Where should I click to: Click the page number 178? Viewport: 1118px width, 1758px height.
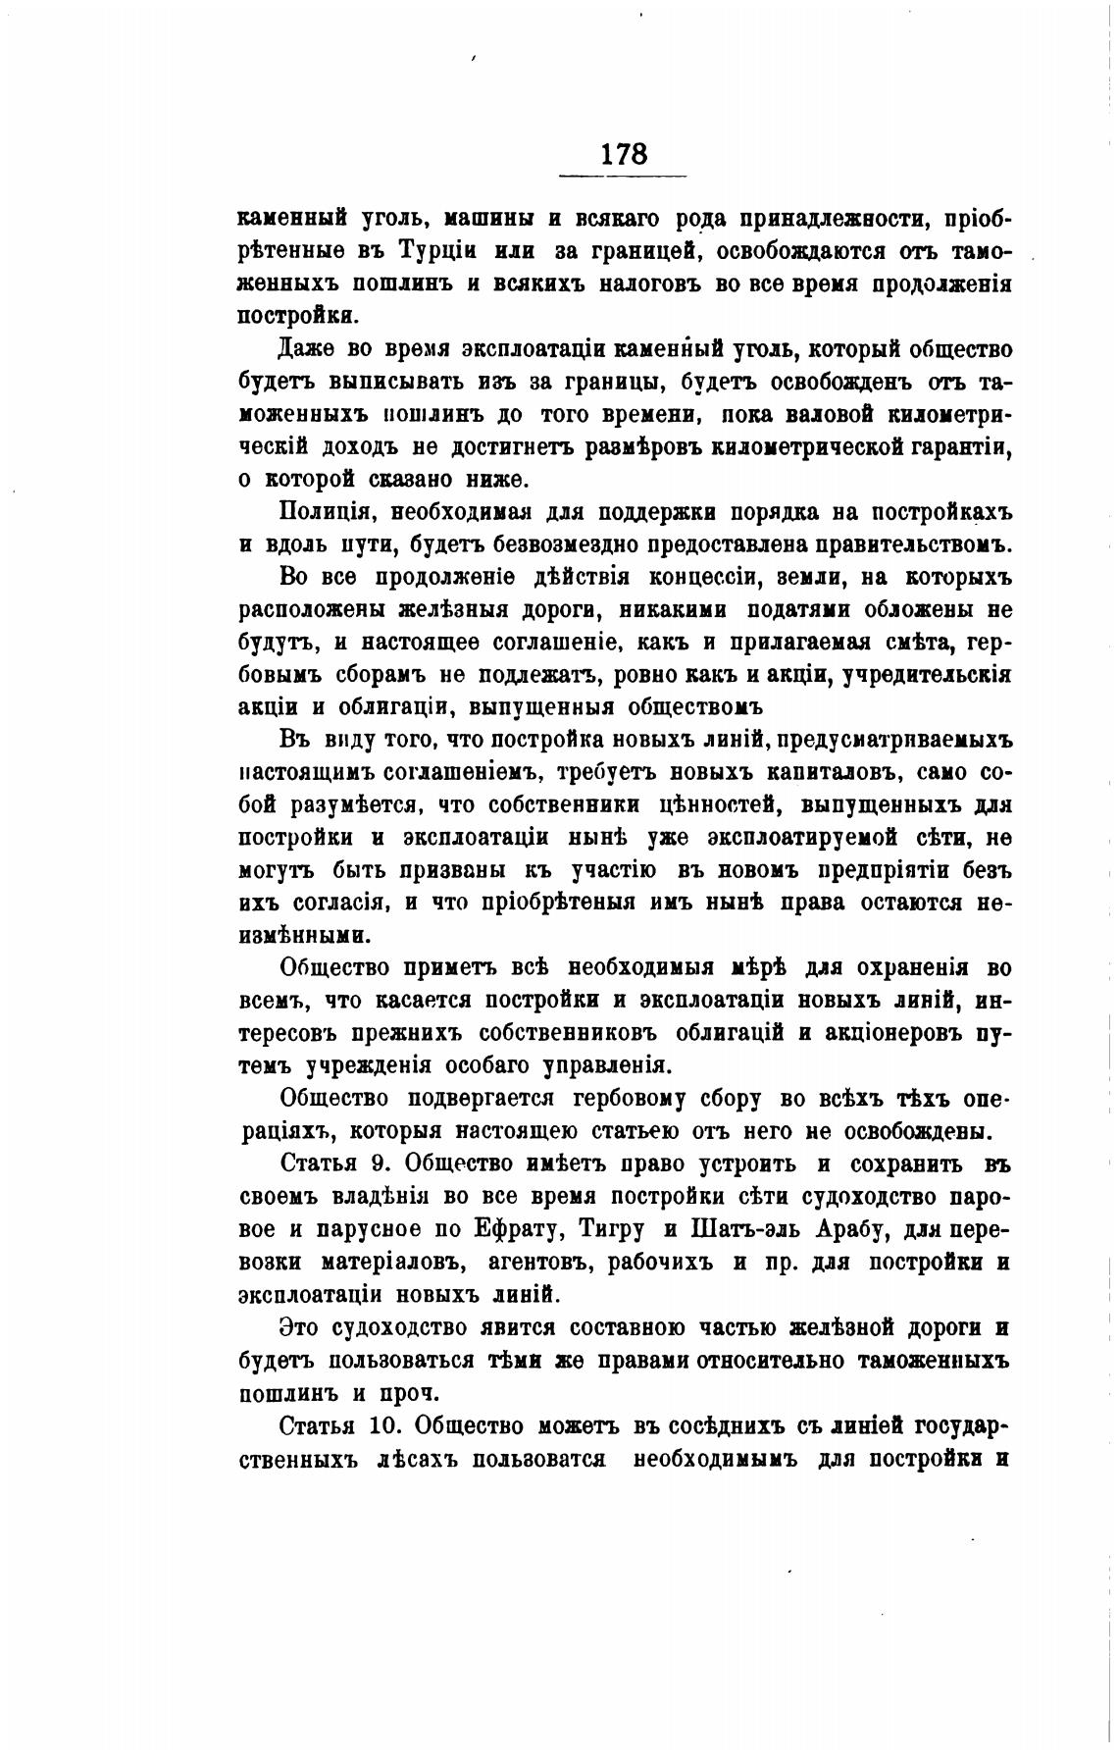[623, 154]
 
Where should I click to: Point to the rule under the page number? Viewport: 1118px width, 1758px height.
[623, 177]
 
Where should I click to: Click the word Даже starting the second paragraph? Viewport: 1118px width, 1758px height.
[307, 349]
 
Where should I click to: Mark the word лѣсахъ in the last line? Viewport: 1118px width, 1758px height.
[416, 1458]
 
